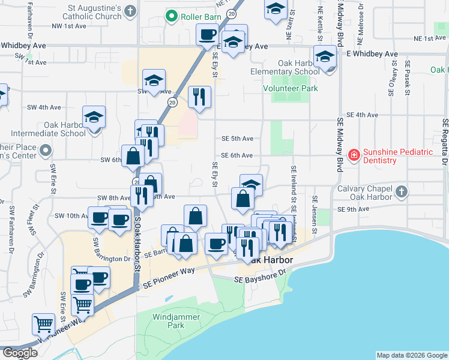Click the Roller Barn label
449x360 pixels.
(x=200, y=17)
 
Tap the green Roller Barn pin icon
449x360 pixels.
(x=172, y=17)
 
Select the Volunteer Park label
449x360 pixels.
(x=291, y=89)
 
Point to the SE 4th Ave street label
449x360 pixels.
(x=363, y=115)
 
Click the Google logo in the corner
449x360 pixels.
(x=19, y=353)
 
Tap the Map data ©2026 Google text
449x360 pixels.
(x=412, y=355)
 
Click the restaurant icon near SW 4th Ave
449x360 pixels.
(x=199, y=96)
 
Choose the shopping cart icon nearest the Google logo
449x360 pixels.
(x=44, y=323)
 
